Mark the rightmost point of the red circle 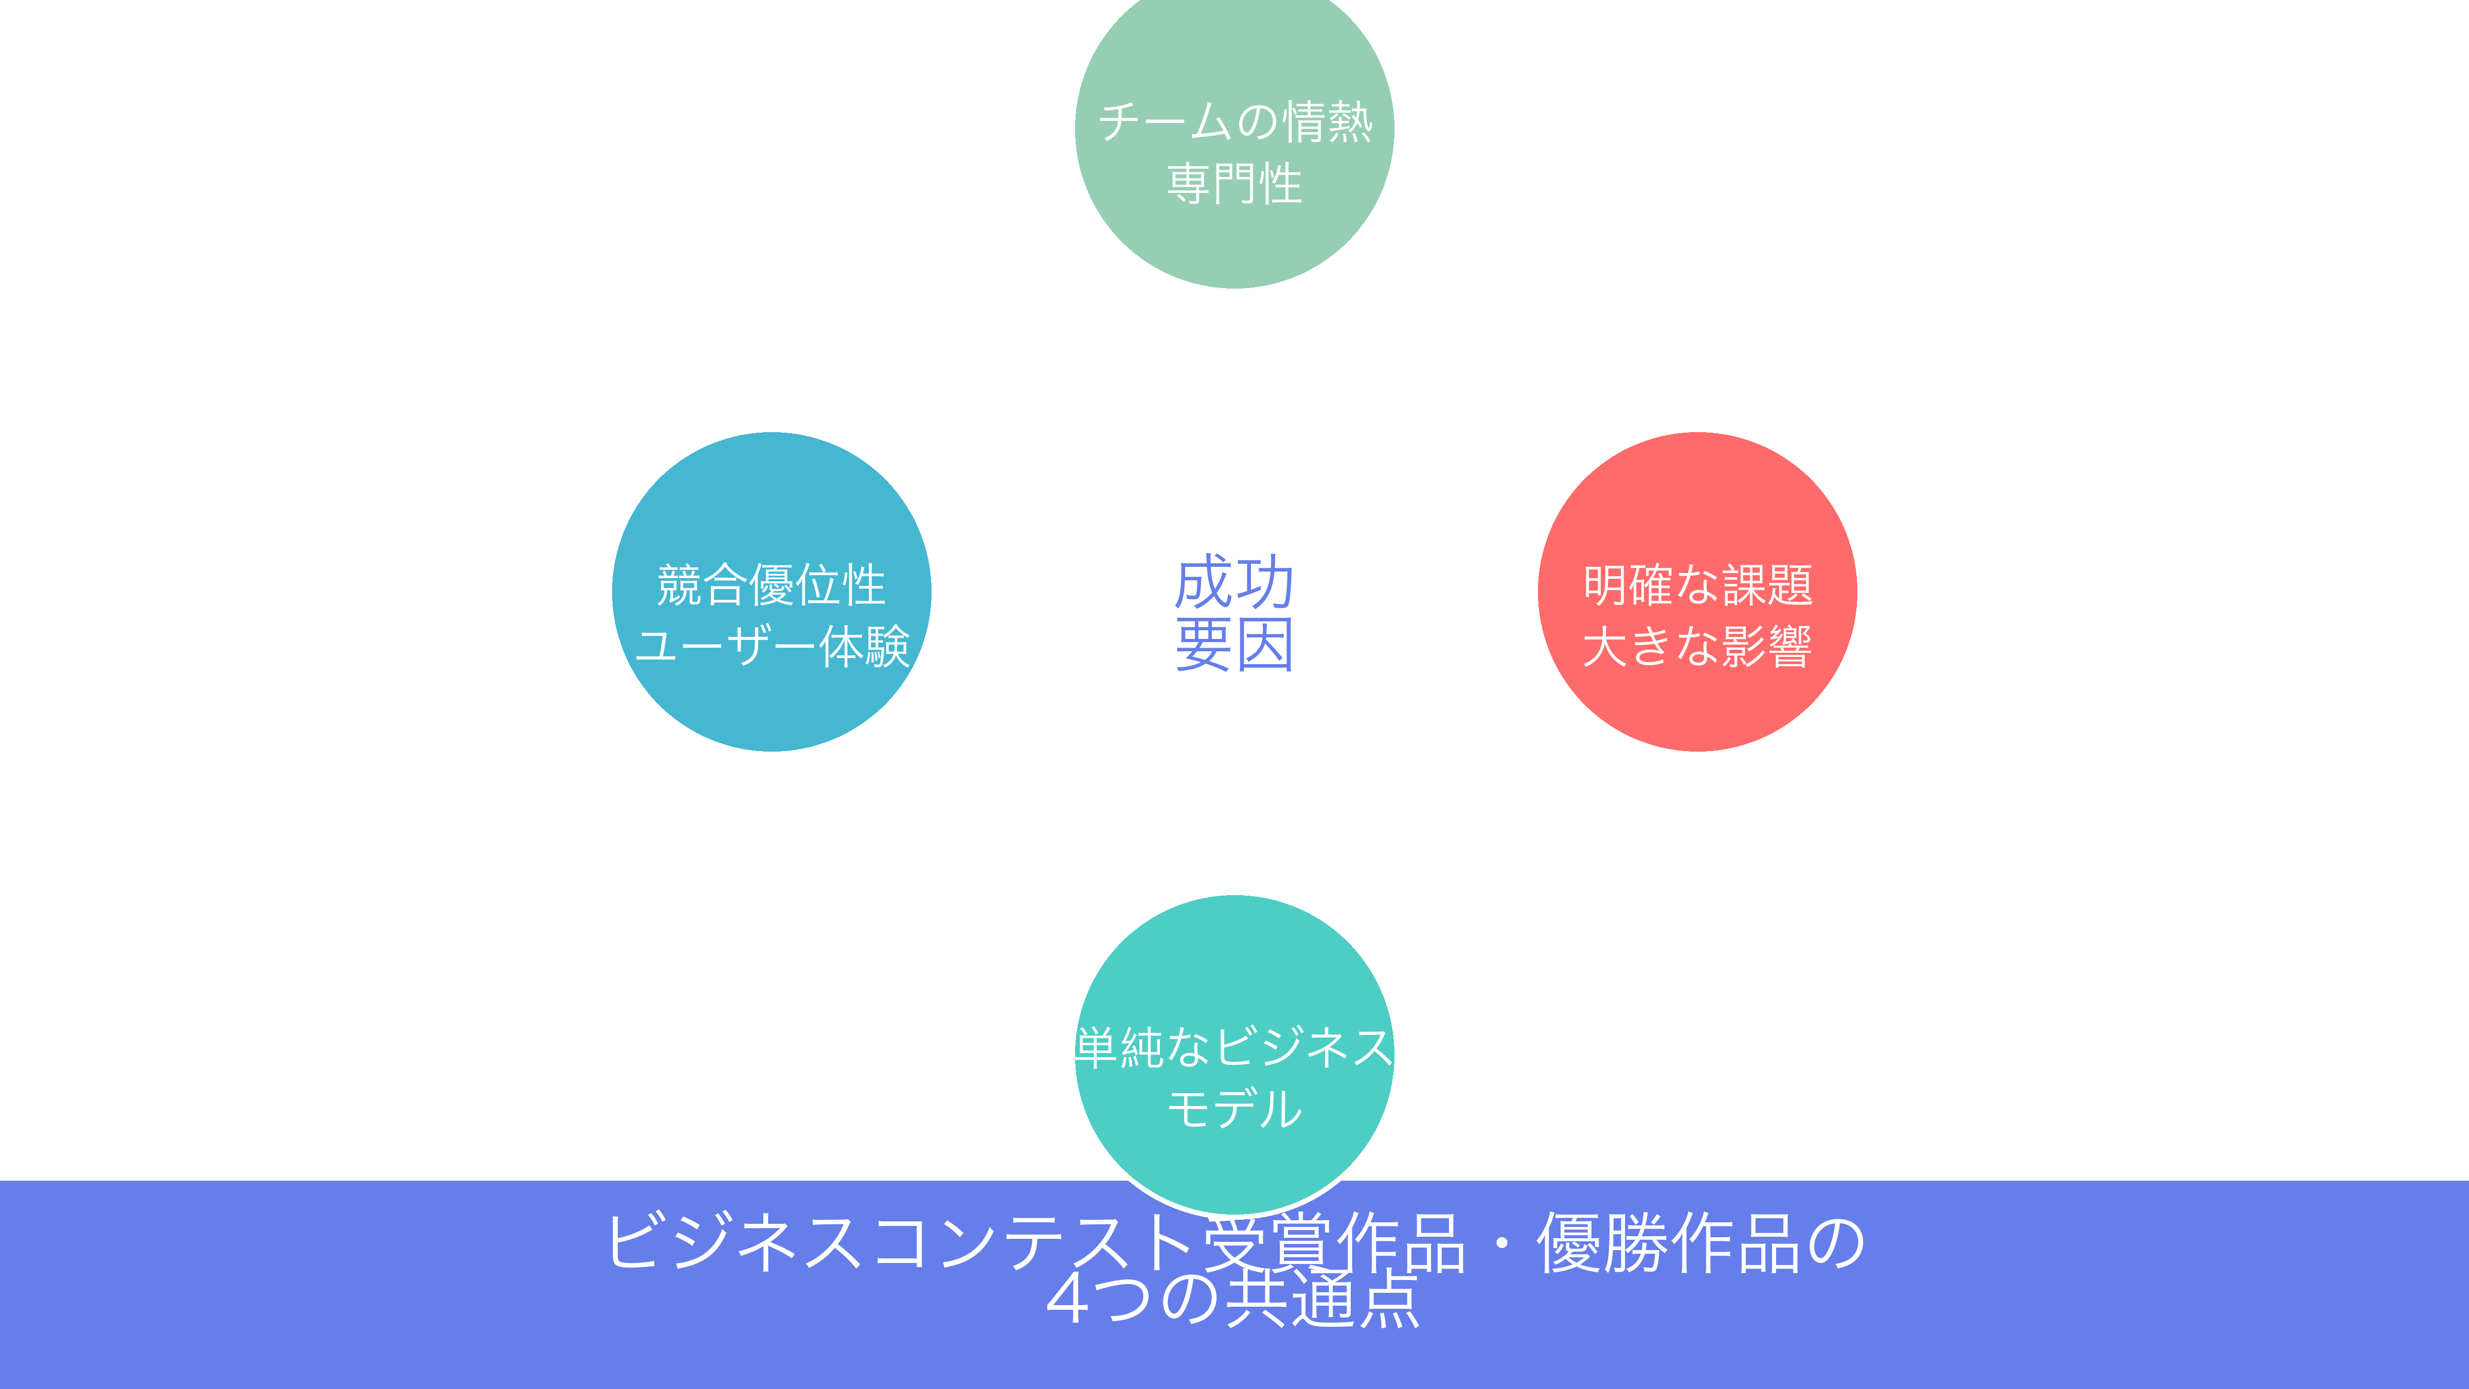pyautogui.click(x=1857, y=592)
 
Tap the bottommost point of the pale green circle pyautogui.click(x=1234, y=288)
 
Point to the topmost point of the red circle pyautogui.click(x=1697, y=432)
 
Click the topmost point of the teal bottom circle pyautogui.click(x=1234, y=895)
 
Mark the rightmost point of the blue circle pyautogui.click(x=932, y=592)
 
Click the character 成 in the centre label pyautogui.click(x=1204, y=582)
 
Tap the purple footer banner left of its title pyautogui.click(x=288, y=1285)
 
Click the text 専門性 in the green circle pyautogui.click(x=1234, y=183)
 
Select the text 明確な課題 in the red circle pyautogui.click(x=1697, y=585)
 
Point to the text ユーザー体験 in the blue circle pyautogui.click(x=772, y=646)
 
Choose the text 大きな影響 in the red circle pyautogui.click(x=1697, y=646)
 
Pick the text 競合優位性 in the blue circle pyautogui.click(x=772, y=585)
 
